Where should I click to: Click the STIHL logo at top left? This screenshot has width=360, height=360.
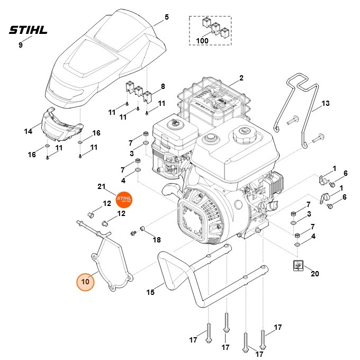click(x=28, y=30)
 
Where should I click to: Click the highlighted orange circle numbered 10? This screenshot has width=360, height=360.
click(x=86, y=281)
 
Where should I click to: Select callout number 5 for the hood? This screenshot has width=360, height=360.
click(x=166, y=17)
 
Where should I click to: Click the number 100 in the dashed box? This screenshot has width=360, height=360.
click(x=202, y=40)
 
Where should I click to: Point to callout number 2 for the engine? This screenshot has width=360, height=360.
click(x=241, y=78)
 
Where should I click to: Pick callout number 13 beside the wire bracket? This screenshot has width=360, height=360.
click(x=325, y=103)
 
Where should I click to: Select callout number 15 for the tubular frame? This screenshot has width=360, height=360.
click(x=150, y=292)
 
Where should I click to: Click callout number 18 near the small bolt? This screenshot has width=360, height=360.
click(x=156, y=240)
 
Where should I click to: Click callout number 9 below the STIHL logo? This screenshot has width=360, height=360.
click(x=21, y=46)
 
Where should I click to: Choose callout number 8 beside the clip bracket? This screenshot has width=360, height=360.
click(x=163, y=86)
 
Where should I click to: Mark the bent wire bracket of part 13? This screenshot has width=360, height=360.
click(x=299, y=106)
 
